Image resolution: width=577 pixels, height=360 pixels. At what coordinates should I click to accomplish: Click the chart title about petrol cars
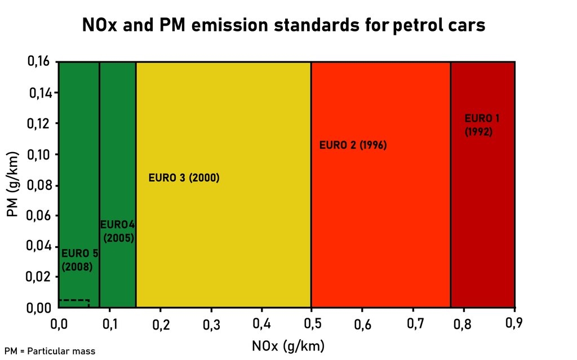coord(283,25)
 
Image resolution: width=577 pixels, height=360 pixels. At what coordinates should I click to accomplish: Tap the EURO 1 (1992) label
coord(482,125)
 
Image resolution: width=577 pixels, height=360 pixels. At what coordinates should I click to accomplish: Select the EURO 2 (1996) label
coord(353,145)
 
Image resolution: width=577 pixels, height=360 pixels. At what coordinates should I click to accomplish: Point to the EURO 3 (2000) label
coord(184,178)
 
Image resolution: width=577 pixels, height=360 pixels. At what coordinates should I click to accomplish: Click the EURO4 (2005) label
coord(118,232)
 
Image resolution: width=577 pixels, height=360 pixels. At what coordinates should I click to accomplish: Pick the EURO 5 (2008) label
coord(79,260)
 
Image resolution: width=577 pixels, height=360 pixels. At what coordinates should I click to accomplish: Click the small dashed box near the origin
coord(74,304)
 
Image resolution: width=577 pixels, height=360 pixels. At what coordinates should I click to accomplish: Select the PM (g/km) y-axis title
coord(12,184)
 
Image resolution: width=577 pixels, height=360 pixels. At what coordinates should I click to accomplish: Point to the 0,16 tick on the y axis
coord(39,62)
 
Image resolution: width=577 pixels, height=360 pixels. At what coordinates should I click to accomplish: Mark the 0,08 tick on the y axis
coord(39,185)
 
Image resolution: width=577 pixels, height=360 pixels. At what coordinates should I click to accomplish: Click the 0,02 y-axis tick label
coord(39,277)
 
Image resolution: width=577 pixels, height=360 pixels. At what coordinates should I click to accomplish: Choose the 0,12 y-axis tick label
coord(39,123)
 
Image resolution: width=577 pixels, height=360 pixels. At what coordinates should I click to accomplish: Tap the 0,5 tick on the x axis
coord(312,324)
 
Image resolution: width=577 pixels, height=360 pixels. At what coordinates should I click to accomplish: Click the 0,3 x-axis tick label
coord(211,324)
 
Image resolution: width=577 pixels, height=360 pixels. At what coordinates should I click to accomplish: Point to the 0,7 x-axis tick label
coord(413,324)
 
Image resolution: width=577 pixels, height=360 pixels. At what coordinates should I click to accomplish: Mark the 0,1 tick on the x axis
coord(109,324)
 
